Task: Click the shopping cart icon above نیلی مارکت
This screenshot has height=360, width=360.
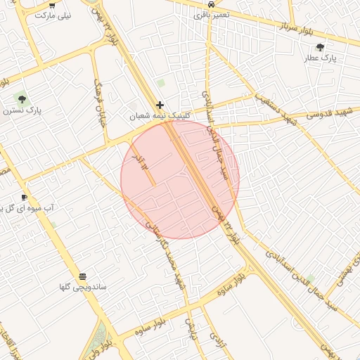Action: [x=51, y=5]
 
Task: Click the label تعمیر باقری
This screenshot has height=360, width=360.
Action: [x=212, y=13]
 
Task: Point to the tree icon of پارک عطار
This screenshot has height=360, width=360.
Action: [x=321, y=47]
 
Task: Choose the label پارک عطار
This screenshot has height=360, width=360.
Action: [x=321, y=58]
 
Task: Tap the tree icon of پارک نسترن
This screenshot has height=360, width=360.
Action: [x=21, y=100]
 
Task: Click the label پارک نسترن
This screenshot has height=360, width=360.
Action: [x=22, y=111]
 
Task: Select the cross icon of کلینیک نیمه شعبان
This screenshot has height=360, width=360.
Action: [x=160, y=105]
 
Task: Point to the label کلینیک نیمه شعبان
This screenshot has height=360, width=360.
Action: [x=160, y=115]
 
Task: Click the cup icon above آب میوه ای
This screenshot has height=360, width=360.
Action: [x=24, y=197]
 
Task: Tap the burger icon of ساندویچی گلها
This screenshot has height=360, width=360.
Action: [x=83, y=276]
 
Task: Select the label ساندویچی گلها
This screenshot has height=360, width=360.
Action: [x=84, y=288]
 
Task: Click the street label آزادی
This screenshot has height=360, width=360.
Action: [x=214, y=340]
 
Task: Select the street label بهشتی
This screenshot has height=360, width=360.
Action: [x=342, y=278]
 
